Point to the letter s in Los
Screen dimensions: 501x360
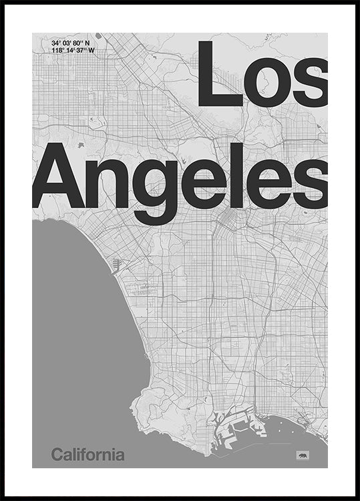click(313, 83)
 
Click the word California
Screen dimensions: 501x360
click(87, 456)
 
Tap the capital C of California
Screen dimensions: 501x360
click(57, 456)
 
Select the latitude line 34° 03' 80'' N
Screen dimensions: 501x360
click(70, 43)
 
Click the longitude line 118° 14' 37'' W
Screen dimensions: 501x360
click(73, 50)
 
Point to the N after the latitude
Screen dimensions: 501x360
click(87, 43)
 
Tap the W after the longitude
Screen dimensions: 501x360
click(92, 50)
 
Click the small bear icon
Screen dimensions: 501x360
click(303, 455)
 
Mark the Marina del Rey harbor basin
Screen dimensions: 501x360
click(116, 266)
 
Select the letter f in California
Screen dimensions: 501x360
click(89, 455)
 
